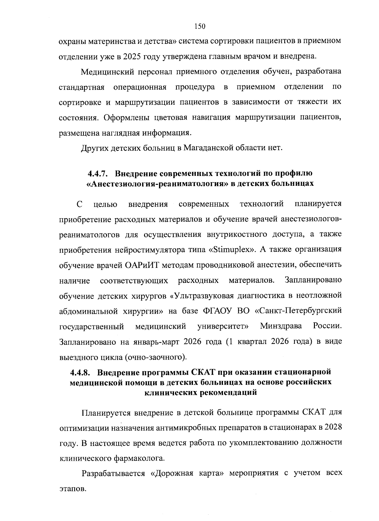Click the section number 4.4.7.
click(99, 174)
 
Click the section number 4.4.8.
click(81, 372)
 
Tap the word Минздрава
click(281, 326)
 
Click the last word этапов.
click(72, 489)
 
